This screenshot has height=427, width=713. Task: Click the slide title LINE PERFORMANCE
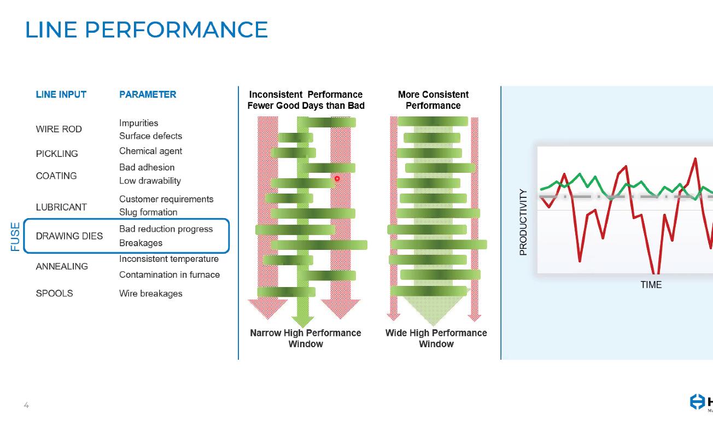tap(147, 30)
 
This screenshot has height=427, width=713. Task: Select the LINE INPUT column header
tap(61, 95)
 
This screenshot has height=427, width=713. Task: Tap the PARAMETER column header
tap(148, 95)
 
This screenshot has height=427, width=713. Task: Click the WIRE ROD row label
tap(59, 129)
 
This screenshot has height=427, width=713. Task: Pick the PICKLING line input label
tap(57, 154)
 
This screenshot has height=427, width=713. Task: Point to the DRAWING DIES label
tap(69, 236)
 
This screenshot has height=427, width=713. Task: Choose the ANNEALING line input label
tap(62, 266)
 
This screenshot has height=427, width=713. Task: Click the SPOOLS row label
tap(54, 293)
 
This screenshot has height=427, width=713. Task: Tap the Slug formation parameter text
tap(148, 212)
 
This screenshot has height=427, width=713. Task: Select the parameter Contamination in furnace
tap(170, 274)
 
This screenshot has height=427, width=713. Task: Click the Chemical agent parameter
tap(150, 151)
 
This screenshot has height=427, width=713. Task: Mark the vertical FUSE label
tap(15, 236)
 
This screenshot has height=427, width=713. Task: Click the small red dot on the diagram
tap(337, 179)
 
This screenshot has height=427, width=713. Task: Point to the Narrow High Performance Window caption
tap(306, 338)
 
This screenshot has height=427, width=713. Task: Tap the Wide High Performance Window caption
tap(436, 338)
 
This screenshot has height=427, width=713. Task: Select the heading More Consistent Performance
tap(433, 100)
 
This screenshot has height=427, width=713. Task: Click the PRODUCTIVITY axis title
tap(523, 222)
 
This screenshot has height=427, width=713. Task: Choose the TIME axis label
tap(651, 285)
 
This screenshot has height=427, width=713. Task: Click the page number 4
tap(26, 405)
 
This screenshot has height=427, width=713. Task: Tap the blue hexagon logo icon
tap(697, 402)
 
